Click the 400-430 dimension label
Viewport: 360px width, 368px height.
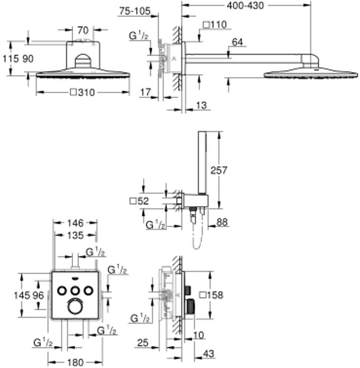[246, 6]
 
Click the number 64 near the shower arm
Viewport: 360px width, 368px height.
[238, 43]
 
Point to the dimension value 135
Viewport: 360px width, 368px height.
[75, 234]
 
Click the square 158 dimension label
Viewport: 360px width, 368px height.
[211, 295]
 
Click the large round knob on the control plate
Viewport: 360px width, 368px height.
[75, 307]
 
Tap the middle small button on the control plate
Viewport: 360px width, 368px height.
[75, 291]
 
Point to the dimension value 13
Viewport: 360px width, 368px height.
[201, 106]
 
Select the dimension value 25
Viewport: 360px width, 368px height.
[143, 343]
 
